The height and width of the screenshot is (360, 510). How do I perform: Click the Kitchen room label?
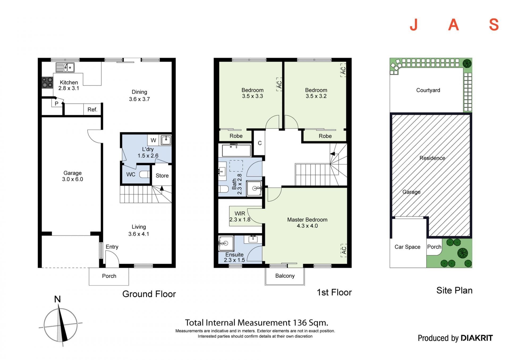point(69,83)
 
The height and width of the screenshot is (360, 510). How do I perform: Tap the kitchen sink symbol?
point(65,67)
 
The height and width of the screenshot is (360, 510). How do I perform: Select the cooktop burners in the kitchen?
point(47,82)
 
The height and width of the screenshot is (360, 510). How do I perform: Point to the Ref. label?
point(92,110)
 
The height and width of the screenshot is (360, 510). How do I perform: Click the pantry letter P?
point(56,104)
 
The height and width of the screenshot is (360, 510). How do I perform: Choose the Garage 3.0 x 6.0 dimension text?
point(73,179)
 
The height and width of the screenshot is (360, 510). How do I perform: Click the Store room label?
point(162,176)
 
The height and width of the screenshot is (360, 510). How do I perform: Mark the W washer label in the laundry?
point(153,140)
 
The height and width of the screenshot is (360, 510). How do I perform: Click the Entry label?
point(112,247)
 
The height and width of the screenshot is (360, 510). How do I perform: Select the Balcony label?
point(285,276)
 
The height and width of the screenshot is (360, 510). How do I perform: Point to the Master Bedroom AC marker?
point(344,250)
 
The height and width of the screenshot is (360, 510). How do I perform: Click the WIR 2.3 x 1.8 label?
point(240,216)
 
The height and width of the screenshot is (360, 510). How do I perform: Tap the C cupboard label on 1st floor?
point(260,143)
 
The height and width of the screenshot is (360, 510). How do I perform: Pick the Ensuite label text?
point(235,255)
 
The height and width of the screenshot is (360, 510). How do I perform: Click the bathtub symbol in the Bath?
point(236,150)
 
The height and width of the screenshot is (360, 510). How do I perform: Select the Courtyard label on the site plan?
point(428,90)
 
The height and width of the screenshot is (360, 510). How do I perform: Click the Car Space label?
point(407,247)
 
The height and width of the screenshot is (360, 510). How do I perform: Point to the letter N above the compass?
point(57,299)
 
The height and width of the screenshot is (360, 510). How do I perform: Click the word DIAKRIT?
point(477,338)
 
